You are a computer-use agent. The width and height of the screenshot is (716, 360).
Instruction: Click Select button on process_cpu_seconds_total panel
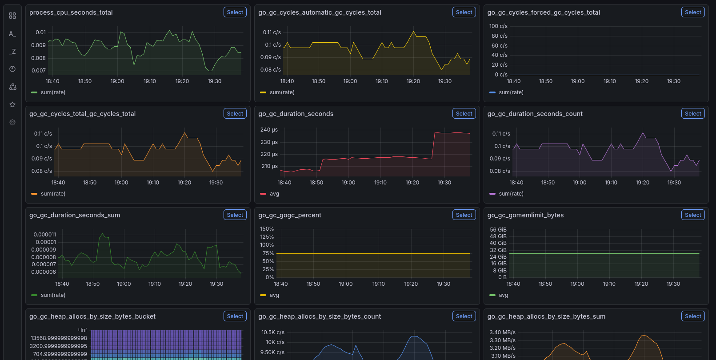(x=235, y=12)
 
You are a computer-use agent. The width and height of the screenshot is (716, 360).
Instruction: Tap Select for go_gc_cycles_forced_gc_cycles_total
(x=693, y=12)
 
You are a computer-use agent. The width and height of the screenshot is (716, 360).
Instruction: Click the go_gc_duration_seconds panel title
(x=296, y=114)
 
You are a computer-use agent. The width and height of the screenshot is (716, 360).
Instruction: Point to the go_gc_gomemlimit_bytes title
(x=525, y=215)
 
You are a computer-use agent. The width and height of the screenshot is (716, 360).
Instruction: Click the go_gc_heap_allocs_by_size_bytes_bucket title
(x=92, y=316)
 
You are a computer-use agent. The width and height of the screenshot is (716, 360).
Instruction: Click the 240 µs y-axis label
(x=269, y=130)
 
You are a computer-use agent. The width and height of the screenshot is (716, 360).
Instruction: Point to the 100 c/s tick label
(x=498, y=26)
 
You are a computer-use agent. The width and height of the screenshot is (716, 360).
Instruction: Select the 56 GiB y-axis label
(x=498, y=230)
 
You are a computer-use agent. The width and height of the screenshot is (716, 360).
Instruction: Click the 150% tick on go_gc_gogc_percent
(x=267, y=229)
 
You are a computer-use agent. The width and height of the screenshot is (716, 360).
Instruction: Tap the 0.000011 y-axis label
(x=45, y=235)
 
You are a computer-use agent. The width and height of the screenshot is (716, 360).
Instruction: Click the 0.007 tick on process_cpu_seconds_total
(x=39, y=71)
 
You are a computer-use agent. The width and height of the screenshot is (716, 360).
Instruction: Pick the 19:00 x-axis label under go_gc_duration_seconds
(x=348, y=183)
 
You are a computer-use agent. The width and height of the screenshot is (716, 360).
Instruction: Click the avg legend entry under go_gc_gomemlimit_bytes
(x=503, y=295)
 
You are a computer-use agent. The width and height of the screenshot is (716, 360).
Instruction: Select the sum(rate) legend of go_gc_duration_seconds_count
(x=511, y=194)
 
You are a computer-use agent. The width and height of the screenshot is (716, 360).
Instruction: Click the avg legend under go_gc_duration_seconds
(x=274, y=194)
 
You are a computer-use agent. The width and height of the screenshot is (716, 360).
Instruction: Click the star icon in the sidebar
(x=12, y=104)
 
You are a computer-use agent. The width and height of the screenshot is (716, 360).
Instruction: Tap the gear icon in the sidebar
(x=12, y=122)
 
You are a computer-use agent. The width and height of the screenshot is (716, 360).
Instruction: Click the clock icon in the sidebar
(x=12, y=69)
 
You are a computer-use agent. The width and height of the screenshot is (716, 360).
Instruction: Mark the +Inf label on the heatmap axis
(x=82, y=330)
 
